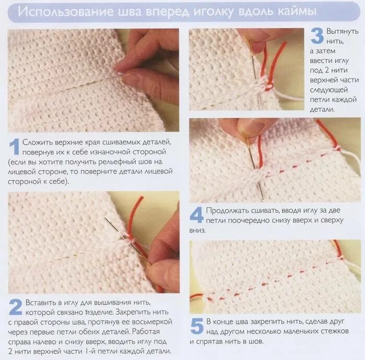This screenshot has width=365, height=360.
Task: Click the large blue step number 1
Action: [14, 147]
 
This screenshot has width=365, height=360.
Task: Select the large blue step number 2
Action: [16, 307]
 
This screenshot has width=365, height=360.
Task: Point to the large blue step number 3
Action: [317, 35]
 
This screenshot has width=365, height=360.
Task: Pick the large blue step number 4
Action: [197, 215]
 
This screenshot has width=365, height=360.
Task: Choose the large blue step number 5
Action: [197, 326]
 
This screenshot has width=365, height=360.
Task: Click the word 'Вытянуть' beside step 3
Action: [342, 31]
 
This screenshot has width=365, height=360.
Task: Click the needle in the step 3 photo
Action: [255, 72]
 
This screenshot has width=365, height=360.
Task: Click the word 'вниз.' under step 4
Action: [197, 230]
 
